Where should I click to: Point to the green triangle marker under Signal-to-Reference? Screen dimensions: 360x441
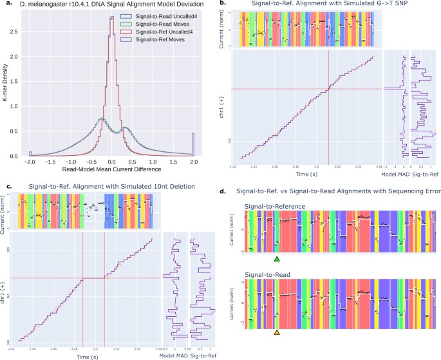[x=277, y=259]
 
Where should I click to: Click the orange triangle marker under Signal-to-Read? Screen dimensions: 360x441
[x=277, y=333]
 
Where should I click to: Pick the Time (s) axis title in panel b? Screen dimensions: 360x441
[x=306, y=174]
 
